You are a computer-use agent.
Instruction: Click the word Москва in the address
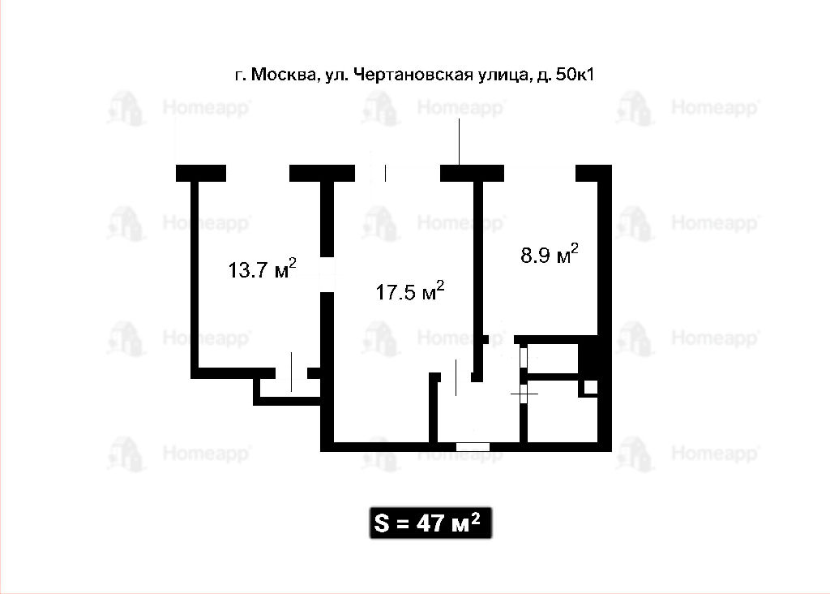283,74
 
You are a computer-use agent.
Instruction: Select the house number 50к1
575,74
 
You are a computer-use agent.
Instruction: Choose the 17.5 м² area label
409,291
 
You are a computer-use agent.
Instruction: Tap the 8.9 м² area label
550,253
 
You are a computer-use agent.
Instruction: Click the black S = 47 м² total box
430,523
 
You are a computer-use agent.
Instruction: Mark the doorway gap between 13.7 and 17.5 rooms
327,274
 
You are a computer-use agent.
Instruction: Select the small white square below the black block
590,387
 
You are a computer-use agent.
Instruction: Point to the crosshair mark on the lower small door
524,394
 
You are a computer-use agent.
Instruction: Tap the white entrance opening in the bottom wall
473,446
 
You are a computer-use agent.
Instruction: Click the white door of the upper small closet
524,356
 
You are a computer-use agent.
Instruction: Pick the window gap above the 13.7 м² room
258,174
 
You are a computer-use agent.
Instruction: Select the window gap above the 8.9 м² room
540,174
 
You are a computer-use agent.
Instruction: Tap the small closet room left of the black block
552,359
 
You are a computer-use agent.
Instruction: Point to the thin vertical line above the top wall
459,141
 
